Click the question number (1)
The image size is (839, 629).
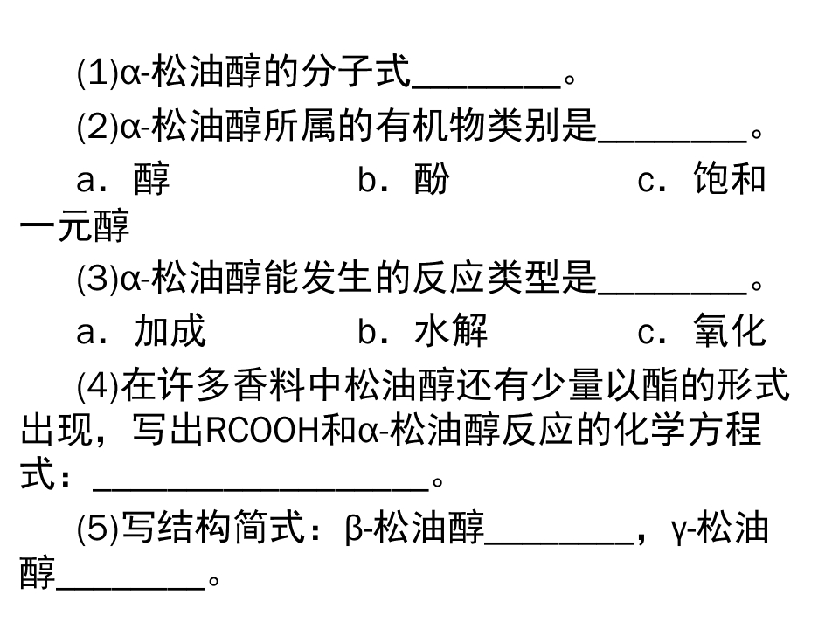(98, 73)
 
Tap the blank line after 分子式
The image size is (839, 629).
(487, 86)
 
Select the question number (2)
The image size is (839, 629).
(98, 127)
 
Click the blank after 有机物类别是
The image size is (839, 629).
(673, 141)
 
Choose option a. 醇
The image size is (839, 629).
(123, 179)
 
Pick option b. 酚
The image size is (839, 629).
(404, 179)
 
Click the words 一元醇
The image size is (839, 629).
(74, 226)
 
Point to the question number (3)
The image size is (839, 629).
(98, 278)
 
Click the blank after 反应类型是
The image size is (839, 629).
(673, 292)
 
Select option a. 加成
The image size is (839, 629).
(142, 330)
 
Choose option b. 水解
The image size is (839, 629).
(423, 330)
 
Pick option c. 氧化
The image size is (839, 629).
(702, 330)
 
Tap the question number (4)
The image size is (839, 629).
(98, 384)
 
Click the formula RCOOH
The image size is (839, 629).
(263, 430)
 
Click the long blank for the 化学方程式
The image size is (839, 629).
(261, 487)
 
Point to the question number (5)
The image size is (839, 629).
(98, 528)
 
